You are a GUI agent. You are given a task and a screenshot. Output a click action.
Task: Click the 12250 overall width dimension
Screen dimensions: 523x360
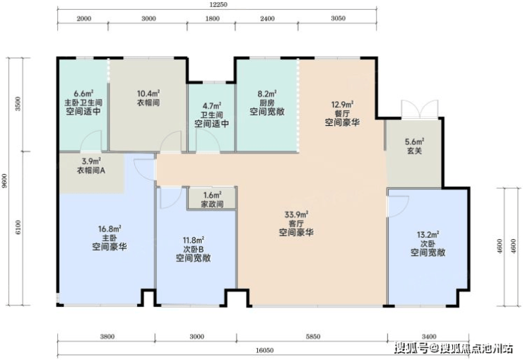[x=218, y=5]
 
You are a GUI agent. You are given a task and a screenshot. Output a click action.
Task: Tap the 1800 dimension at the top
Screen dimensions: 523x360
[x=212, y=18]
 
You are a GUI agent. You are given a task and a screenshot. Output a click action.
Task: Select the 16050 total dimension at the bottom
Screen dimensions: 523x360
[x=264, y=350]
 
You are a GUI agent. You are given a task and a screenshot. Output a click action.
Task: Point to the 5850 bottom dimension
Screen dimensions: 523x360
[x=313, y=337]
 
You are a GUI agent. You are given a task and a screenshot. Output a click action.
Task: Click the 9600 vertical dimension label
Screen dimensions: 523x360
[x=4, y=181]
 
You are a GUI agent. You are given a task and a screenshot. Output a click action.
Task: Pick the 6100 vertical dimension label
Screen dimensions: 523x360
[x=18, y=227]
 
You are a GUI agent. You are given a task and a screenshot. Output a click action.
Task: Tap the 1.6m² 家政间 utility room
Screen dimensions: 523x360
[x=213, y=199]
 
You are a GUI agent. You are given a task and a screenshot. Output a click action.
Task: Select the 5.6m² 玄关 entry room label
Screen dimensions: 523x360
[x=415, y=146]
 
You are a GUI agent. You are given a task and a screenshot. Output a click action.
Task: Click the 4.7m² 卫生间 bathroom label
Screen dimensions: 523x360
[x=212, y=115]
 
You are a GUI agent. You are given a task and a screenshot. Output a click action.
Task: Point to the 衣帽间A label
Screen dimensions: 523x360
[x=91, y=170]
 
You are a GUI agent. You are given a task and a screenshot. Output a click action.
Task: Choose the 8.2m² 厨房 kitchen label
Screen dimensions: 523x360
[x=267, y=103]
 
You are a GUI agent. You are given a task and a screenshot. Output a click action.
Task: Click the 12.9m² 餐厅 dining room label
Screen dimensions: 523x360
[x=342, y=113]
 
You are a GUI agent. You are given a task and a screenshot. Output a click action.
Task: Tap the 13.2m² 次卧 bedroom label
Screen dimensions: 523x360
[x=428, y=244]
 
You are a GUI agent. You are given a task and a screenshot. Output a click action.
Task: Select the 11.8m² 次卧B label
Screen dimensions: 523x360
[x=194, y=249]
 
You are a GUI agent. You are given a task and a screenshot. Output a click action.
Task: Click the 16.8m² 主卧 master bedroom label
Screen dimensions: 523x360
[x=110, y=238]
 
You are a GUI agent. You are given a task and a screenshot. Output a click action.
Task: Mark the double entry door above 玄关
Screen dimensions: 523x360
[x=420, y=109]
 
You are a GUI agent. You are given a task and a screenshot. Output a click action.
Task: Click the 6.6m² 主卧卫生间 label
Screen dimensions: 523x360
[x=83, y=102]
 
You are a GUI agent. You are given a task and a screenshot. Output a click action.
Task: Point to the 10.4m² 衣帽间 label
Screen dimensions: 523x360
[x=148, y=98]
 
